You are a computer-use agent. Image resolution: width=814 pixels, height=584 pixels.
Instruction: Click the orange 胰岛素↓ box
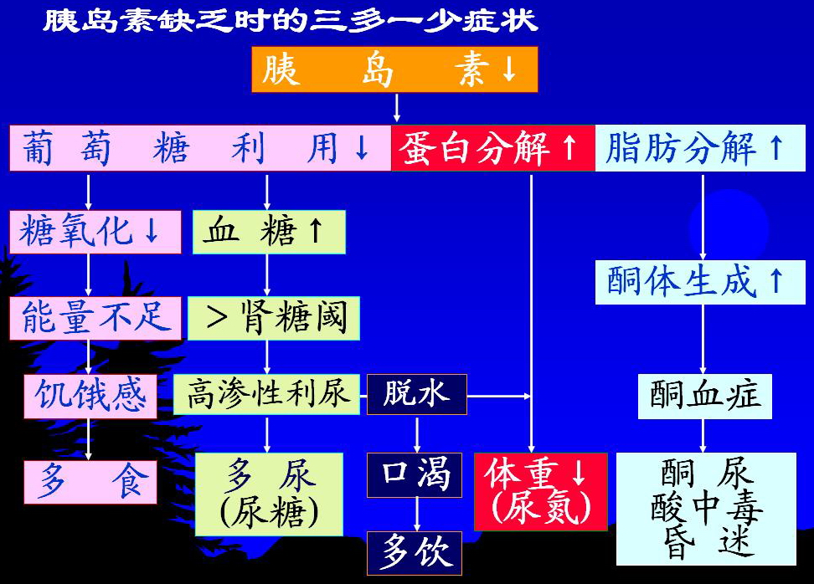pyautogui.click(x=394, y=69)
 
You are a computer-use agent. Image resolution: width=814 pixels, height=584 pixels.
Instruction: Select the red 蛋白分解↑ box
pyautogui.click(x=492, y=148)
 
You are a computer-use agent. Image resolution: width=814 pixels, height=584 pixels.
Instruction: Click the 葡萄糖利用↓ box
pyautogui.click(x=200, y=148)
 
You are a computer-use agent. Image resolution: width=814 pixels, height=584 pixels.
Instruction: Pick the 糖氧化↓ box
pyautogui.click(x=95, y=232)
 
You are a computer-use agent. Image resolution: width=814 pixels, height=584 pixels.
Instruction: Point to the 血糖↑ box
pyautogui.click(x=269, y=232)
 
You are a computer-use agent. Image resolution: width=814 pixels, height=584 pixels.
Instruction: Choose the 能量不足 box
pyautogui.click(x=95, y=318)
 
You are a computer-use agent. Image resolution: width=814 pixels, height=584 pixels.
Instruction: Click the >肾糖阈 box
pyautogui.click(x=274, y=318)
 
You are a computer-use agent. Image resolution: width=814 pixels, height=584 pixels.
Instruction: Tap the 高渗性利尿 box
pyautogui.click(x=267, y=393)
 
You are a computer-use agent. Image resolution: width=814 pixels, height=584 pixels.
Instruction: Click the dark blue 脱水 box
pyautogui.click(x=416, y=393)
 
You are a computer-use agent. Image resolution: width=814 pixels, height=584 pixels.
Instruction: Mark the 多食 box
pyautogui.click(x=90, y=481)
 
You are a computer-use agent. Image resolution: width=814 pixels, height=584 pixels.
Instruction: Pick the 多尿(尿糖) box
pyautogui.click(x=269, y=494)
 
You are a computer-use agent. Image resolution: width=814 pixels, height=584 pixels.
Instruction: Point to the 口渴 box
pyautogui.click(x=416, y=475)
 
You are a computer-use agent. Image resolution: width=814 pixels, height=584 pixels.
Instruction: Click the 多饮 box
pyautogui.click(x=416, y=552)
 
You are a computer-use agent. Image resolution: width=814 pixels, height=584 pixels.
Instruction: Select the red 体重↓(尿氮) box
pyautogui.click(x=541, y=491)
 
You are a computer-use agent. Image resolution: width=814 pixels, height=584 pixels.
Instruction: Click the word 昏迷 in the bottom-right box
pyautogui.click(x=705, y=543)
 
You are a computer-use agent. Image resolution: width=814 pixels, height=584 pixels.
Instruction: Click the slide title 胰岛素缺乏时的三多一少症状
pyautogui.click(x=290, y=20)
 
